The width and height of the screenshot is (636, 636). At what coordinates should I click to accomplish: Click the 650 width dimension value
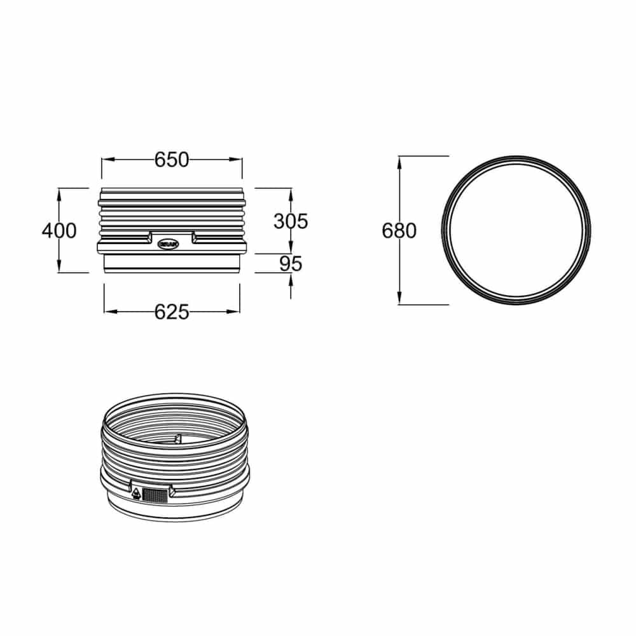click(x=172, y=160)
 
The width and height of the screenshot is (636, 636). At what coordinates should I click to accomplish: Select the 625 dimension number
click(x=172, y=312)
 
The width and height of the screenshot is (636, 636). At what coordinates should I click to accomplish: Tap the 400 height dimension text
click(x=59, y=230)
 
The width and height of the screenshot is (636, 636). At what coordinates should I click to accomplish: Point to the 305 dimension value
click(x=291, y=221)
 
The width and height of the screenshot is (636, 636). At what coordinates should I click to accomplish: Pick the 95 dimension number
click(x=291, y=263)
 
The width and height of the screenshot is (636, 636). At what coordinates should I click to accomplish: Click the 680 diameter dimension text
click(x=399, y=230)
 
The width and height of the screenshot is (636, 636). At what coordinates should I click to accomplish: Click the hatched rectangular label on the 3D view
click(x=155, y=494)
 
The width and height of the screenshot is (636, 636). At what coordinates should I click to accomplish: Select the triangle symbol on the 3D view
click(x=136, y=493)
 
